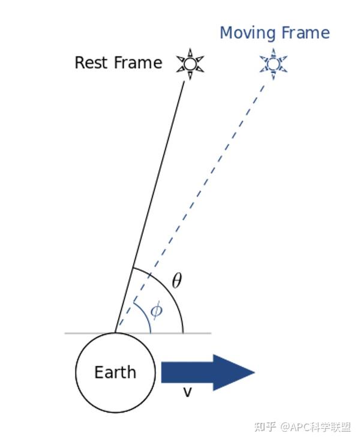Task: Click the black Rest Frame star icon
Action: [x=190, y=64]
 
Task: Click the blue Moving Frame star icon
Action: [x=274, y=64]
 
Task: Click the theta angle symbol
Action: [x=176, y=281]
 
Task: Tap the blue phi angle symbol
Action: [x=156, y=310]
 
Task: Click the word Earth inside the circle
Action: [x=115, y=372]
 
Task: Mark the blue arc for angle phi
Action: [x=146, y=317]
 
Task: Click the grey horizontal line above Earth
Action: [x=198, y=333]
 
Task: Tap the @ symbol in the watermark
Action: [x=284, y=427]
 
